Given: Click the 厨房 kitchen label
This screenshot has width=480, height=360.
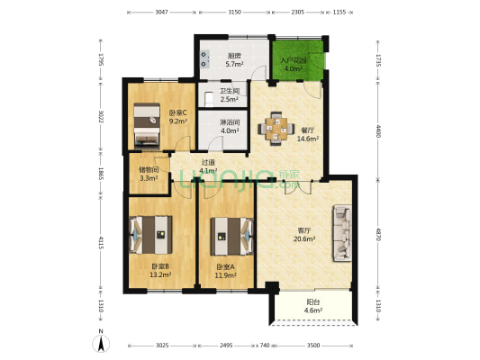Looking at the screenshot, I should [x=233, y=55].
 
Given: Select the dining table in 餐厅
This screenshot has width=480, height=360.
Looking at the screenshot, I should [x=276, y=128].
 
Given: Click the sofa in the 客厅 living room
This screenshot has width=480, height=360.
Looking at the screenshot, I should [x=343, y=233].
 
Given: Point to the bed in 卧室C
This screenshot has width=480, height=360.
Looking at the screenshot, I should [x=146, y=125].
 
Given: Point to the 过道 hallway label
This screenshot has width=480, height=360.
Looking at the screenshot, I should [x=208, y=163].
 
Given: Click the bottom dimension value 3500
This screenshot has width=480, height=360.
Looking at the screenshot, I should [x=312, y=345].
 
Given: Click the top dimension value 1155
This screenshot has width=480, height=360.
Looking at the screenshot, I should [x=340, y=12].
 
